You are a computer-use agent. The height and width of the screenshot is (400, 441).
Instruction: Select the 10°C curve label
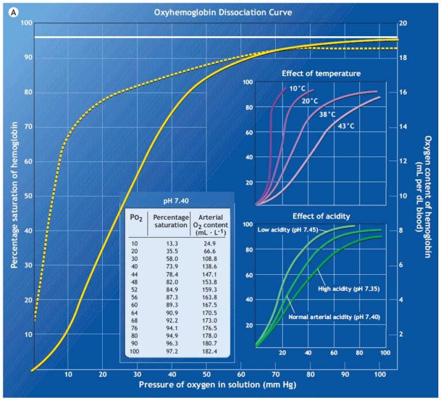click(297, 88)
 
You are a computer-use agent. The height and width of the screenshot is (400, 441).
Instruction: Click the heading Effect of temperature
click(321, 73)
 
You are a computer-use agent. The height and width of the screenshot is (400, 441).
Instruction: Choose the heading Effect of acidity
click(321, 216)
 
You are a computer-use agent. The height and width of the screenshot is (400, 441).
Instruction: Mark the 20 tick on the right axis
click(403, 23)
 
